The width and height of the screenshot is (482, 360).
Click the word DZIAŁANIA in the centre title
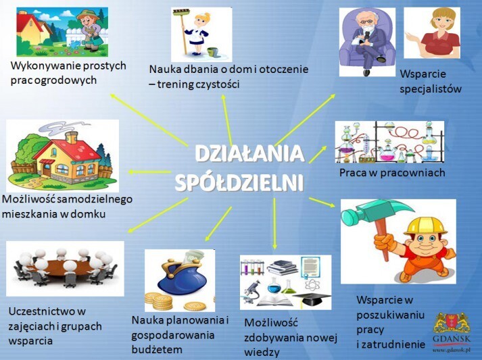coord(249,153)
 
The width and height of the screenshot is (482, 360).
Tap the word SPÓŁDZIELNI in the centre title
coord(239,183)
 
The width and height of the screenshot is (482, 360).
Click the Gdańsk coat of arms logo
coord(452,324)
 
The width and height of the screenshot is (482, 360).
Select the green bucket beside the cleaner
coord(212,51)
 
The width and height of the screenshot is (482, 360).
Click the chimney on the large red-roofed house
coord(72,137)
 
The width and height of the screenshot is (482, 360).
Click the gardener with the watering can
coord(90,30)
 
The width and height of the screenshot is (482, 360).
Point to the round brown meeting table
coord(64,267)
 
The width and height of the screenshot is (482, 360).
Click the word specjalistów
coord(431,88)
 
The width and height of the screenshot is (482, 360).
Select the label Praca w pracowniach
coord(392,173)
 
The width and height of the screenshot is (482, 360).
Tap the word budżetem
coord(157,350)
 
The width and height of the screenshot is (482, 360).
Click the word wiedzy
coord(262,353)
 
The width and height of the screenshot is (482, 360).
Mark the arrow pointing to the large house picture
coord(149,172)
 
